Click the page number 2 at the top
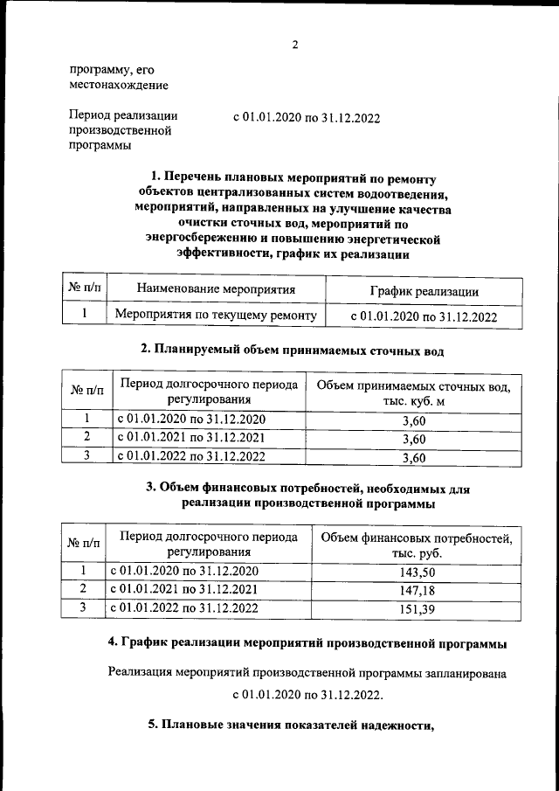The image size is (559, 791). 295,45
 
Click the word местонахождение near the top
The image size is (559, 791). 118,85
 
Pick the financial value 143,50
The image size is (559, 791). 417,572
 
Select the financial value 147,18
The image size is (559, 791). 417,591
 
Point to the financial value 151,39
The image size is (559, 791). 417,609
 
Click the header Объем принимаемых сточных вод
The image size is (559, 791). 413,385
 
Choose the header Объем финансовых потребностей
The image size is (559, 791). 417,538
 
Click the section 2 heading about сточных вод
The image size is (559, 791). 293,351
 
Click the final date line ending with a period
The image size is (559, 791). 307,696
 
